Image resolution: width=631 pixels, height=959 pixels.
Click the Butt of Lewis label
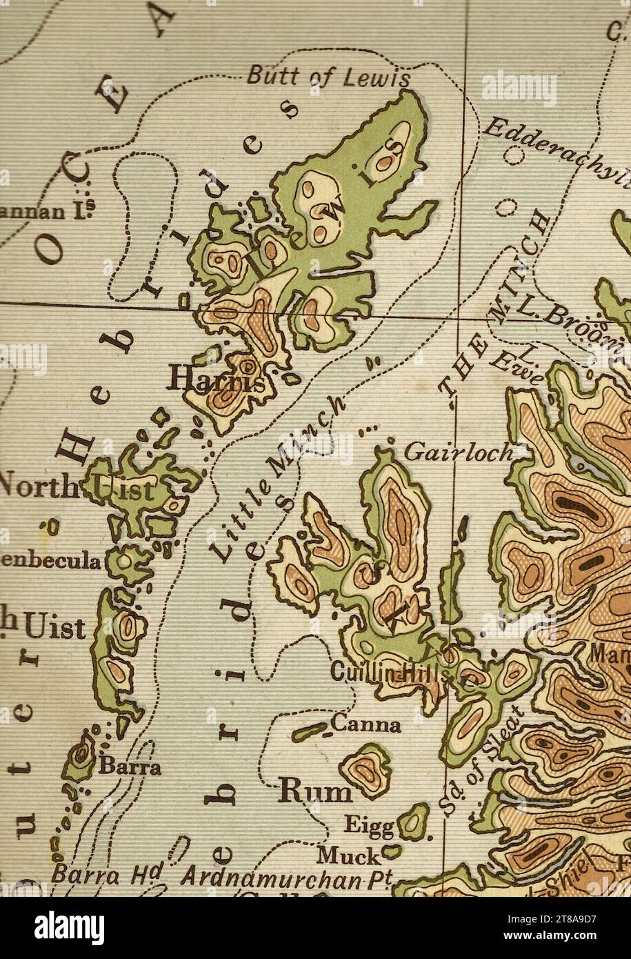click(x=328, y=76)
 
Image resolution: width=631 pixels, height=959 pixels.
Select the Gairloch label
click(x=458, y=452)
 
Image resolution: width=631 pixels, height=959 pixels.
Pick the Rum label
click(x=314, y=793)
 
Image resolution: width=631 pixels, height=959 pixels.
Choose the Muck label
click(x=348, y=856)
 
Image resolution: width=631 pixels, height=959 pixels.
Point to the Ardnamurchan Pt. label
click(x=287, y=878)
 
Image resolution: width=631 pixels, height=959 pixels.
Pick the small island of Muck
click(x=391, y=853)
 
